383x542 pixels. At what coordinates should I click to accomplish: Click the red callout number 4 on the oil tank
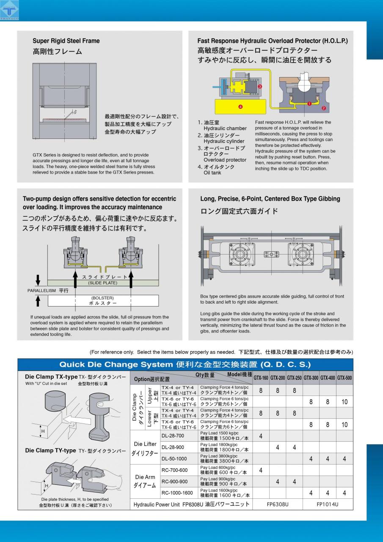pyautogui.click(x=240, y=107)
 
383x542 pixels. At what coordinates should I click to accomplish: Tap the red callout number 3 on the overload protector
pyautogui.click(x=260, y=86)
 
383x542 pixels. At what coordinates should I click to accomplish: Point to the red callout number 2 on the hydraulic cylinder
pyautogui.click(x=324, y=108)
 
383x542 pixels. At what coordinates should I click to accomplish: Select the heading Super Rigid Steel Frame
pyautogui.click(x=66, y=41)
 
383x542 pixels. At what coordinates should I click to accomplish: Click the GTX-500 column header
pyautogui.click(x=344, y=378)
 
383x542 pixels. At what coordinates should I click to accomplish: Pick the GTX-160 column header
pyautogui.click(x=261, y=378)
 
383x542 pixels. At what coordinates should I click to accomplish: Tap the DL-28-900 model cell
pyautogui.click(x=173, y=447)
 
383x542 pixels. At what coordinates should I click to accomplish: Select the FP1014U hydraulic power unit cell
pyautogui.click(x=328, y=504)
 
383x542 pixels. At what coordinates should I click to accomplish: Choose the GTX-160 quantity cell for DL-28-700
pyautogui.click(x=261, y=436)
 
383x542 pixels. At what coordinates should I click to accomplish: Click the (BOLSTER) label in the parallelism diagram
pyautogui.click(x=102, y=298)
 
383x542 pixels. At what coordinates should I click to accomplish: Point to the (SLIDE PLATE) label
pyautogui.click(x=102, y=283)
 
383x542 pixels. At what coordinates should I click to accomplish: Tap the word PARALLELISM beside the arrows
pyautogui.click(x=41, y=290)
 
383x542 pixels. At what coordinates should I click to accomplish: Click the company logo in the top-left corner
pyautogui.click(x=9, y=10)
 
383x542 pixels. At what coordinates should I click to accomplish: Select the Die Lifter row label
pyautogui.click(x=145, y=448)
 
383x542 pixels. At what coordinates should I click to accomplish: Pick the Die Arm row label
pyautogui.click(x=145, y=481)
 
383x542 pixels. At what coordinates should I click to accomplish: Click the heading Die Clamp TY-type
pyautogui.click(x=50, y=451)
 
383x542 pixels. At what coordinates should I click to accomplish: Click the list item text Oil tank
pyautogui.click(x=212, y=173)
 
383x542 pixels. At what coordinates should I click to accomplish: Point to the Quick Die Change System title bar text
pyautogui.click(x=185, y=365)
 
